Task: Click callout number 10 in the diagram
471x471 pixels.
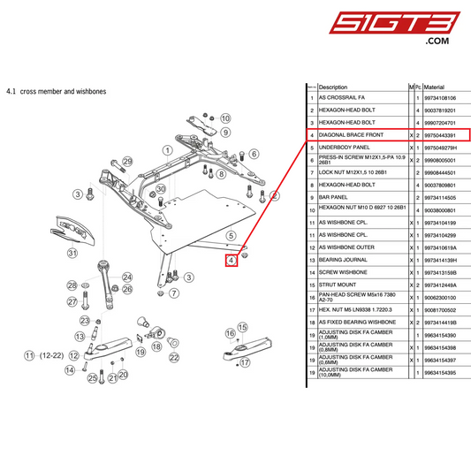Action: pos(225,118)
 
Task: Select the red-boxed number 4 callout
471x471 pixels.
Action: pos(232,260)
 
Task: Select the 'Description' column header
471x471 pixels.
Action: pos(333,87)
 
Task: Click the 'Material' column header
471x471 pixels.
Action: pos(434,87)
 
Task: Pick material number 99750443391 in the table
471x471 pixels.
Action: pos(441,135)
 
